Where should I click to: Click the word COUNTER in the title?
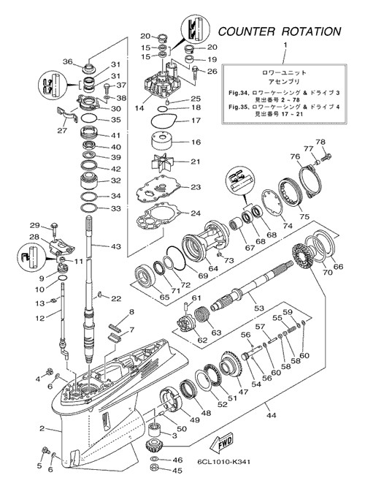[247, 31]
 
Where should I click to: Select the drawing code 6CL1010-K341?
[224, 462]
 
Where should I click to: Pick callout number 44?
[272, 415]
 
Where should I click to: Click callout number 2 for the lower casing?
[42, 429]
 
